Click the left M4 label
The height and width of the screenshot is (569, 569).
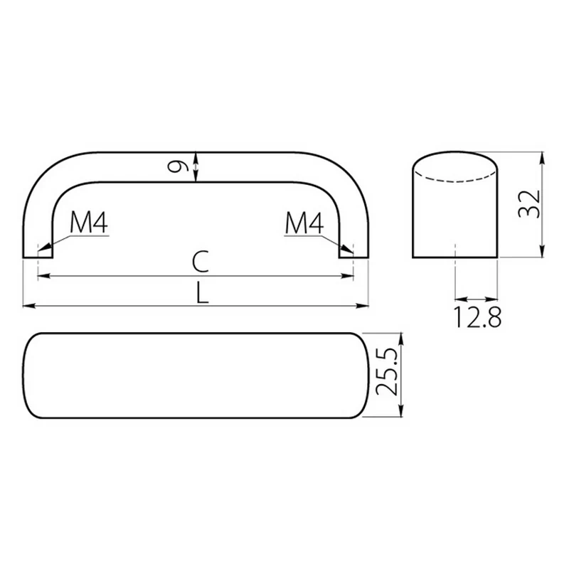click(89, 223)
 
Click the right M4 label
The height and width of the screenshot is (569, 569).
click(304, 223)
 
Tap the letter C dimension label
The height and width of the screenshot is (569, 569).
click(201, 261)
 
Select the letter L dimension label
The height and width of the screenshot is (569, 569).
click(202, 292)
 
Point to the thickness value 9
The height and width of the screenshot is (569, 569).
click(179, 166)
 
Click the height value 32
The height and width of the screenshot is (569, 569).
click(529, 203)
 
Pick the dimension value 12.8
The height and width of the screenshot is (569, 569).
click(477, 317)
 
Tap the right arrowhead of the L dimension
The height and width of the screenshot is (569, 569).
click(363, 306)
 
